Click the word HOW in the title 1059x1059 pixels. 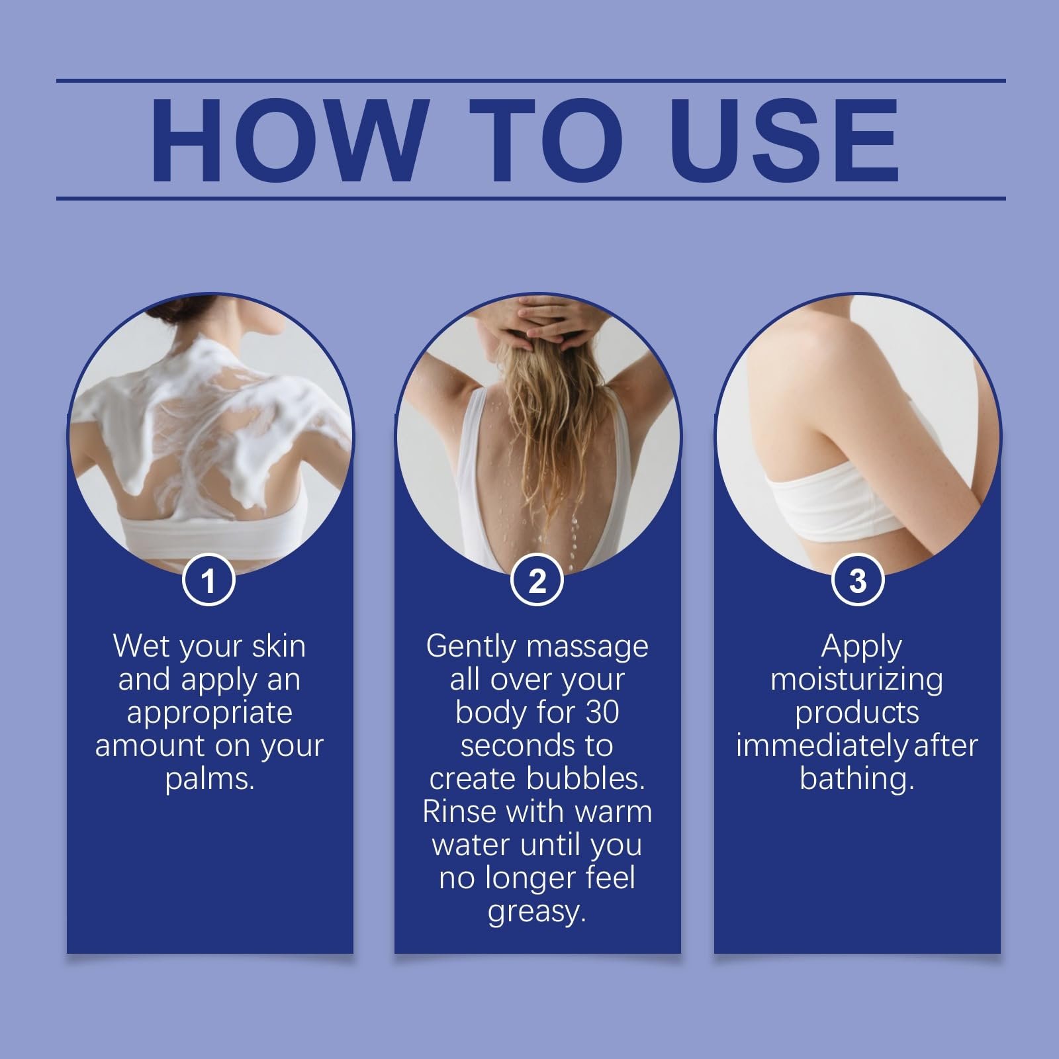(x=286, y=140)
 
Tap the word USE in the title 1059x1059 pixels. (x=789, y=140)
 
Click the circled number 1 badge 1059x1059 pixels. (x=208, y=580)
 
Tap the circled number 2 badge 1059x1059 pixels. (x=537, y=580)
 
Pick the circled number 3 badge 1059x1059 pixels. (x=857, y=580)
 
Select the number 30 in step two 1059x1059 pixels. (x=601, y=712)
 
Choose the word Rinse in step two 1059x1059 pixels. (x=462, y=811)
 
